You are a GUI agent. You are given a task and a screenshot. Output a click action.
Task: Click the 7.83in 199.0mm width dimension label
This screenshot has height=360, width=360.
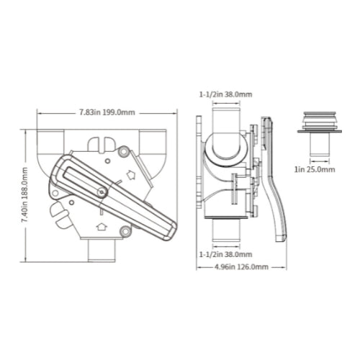[107, 112]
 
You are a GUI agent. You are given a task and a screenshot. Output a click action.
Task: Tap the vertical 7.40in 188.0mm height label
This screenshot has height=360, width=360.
[24, 195]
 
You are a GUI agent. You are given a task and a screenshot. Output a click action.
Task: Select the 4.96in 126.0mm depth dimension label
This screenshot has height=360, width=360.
[241, 266]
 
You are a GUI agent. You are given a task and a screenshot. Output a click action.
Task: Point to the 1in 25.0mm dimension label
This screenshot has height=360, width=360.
[315, 169]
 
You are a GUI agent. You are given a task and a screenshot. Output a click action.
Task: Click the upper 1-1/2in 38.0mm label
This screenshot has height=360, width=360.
[225, 94]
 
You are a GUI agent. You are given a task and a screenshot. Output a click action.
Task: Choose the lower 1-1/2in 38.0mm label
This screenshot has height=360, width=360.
[225, 254]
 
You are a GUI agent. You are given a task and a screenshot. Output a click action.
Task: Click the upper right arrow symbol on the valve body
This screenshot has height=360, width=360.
[131, 175]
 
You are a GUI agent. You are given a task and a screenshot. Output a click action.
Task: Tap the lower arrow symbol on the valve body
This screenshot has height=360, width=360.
[102, 227]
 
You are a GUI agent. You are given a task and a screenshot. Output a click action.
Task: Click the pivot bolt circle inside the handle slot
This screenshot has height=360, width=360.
[102, 192]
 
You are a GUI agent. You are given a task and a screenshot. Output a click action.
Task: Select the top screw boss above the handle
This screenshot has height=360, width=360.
[124, 151]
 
